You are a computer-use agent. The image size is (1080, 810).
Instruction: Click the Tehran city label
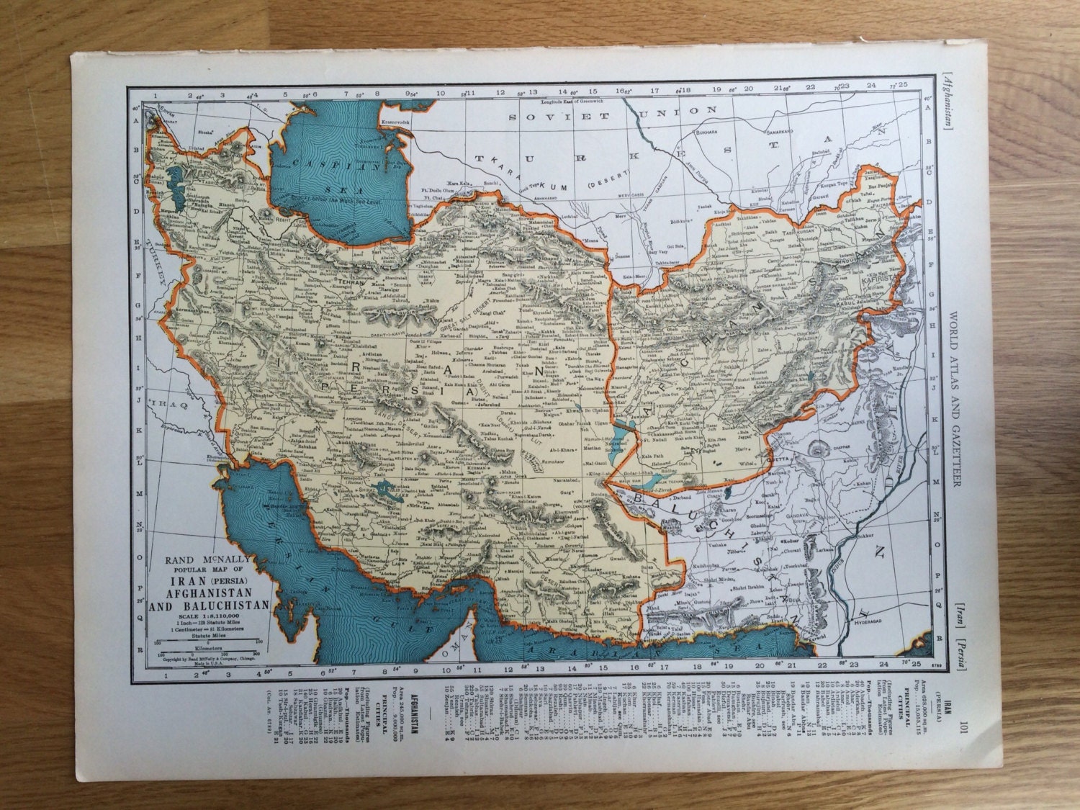[x=351, y=284]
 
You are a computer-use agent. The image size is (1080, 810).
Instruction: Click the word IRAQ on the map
[x=168, y=405]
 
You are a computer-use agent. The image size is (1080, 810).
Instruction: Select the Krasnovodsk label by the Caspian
[x=396, y=123]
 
